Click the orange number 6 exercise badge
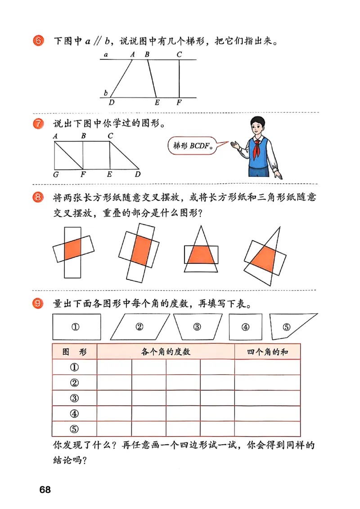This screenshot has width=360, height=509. [x=38, y=41]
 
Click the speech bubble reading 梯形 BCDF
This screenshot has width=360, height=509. [x=193, y=146]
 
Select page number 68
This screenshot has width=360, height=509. [x=45, y=490]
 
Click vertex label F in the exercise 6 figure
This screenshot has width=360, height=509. [x=179, y=103]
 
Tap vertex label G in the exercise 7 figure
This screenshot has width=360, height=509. [x=55, y=174]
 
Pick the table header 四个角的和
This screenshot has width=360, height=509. [x=267, y=352]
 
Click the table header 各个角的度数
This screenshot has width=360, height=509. [x=166, y=352]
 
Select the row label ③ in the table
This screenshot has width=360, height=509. [x=75, y=398]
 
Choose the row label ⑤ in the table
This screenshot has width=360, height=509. [x=75, y=429]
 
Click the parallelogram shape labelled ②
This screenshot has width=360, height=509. [x=139, y=326]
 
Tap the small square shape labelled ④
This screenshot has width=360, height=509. [x=245, y=326]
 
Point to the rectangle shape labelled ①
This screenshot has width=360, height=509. [x=76, y=326]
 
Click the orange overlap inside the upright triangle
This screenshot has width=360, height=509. [x=201, y=255]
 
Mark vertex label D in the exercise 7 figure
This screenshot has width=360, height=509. [x=138, y=174]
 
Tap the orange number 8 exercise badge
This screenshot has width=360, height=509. [x=38, y=197]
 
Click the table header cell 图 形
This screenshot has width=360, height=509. [x=75, y=352]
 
